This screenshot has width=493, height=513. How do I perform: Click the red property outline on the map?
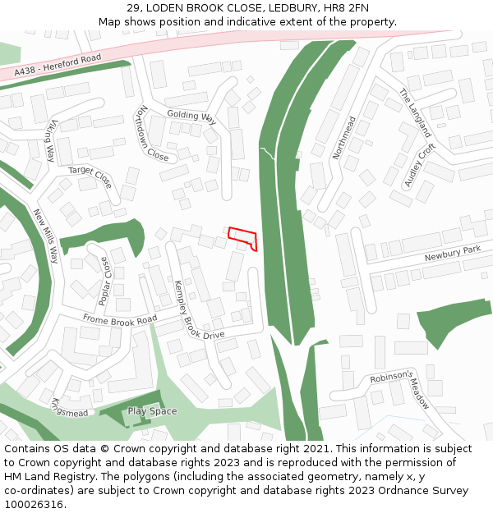click(243, 238)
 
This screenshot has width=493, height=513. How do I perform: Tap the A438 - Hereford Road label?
click(58, 65)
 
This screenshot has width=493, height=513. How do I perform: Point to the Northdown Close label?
click(153, 133)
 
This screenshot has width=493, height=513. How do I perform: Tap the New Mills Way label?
click(46, 235)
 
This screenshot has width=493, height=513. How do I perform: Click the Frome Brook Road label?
click(120, 319)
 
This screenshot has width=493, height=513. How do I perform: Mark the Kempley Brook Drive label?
click(198, 310)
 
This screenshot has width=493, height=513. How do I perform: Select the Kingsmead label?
click(69, 407)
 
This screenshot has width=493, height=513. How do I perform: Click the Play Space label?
click(152, 411)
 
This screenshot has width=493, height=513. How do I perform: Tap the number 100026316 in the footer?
click(35, 504)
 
